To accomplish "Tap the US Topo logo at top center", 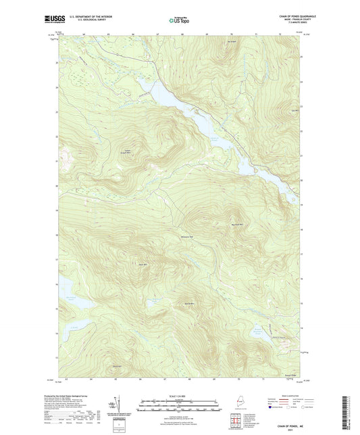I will [x=178, y=20].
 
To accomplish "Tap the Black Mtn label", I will [x=143, y=264].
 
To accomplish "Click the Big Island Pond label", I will [x=70, y=297].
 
